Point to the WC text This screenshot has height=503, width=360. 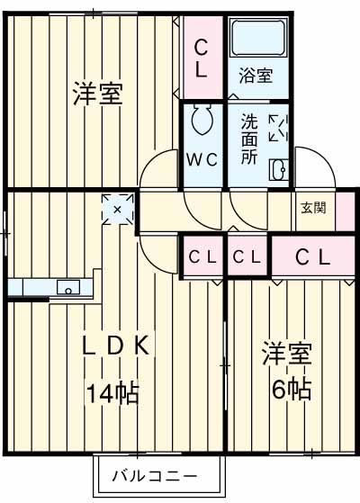pyautogui.click(x=202, y=160)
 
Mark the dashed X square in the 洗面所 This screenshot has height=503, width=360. pyautogui.click(x=279, y=128)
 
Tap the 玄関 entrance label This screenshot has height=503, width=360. pyautogui.click(x=313, y=207)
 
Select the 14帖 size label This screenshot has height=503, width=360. pyautogui.click(x=112, y=392)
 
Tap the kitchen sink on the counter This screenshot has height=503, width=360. pyautogui.click(x=66, y=288)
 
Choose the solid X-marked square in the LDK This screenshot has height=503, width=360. pyautogui.click(x=117, y=208)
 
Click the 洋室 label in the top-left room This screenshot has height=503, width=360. pyautogui.click(x=97, y=94)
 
